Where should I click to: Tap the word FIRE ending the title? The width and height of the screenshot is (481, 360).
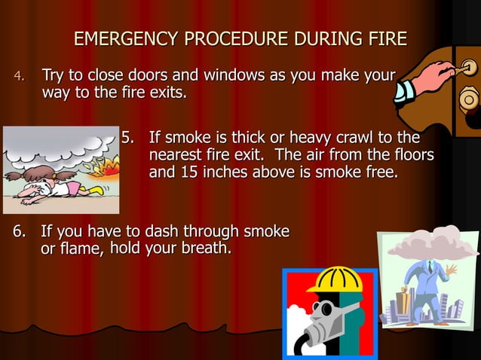click(387, 38)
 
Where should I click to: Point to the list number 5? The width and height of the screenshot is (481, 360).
click(130, 138)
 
